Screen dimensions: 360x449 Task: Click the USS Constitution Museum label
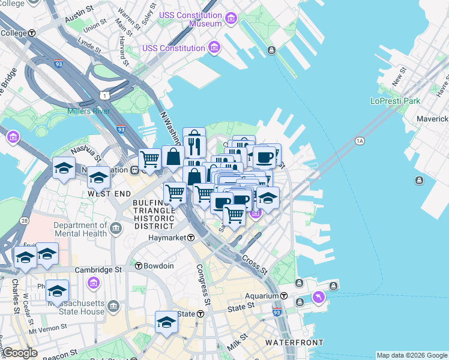pos(190,19)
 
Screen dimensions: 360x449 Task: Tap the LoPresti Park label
pos(396,101)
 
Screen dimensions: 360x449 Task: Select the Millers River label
pos(88,111)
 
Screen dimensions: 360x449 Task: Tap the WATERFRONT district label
pos(294,343)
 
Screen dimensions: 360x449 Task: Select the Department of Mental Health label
pos(80,230)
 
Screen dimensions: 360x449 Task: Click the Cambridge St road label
pos(98,270)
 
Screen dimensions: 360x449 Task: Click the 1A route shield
pos(360,141)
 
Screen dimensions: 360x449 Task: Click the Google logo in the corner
pos(20,353)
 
